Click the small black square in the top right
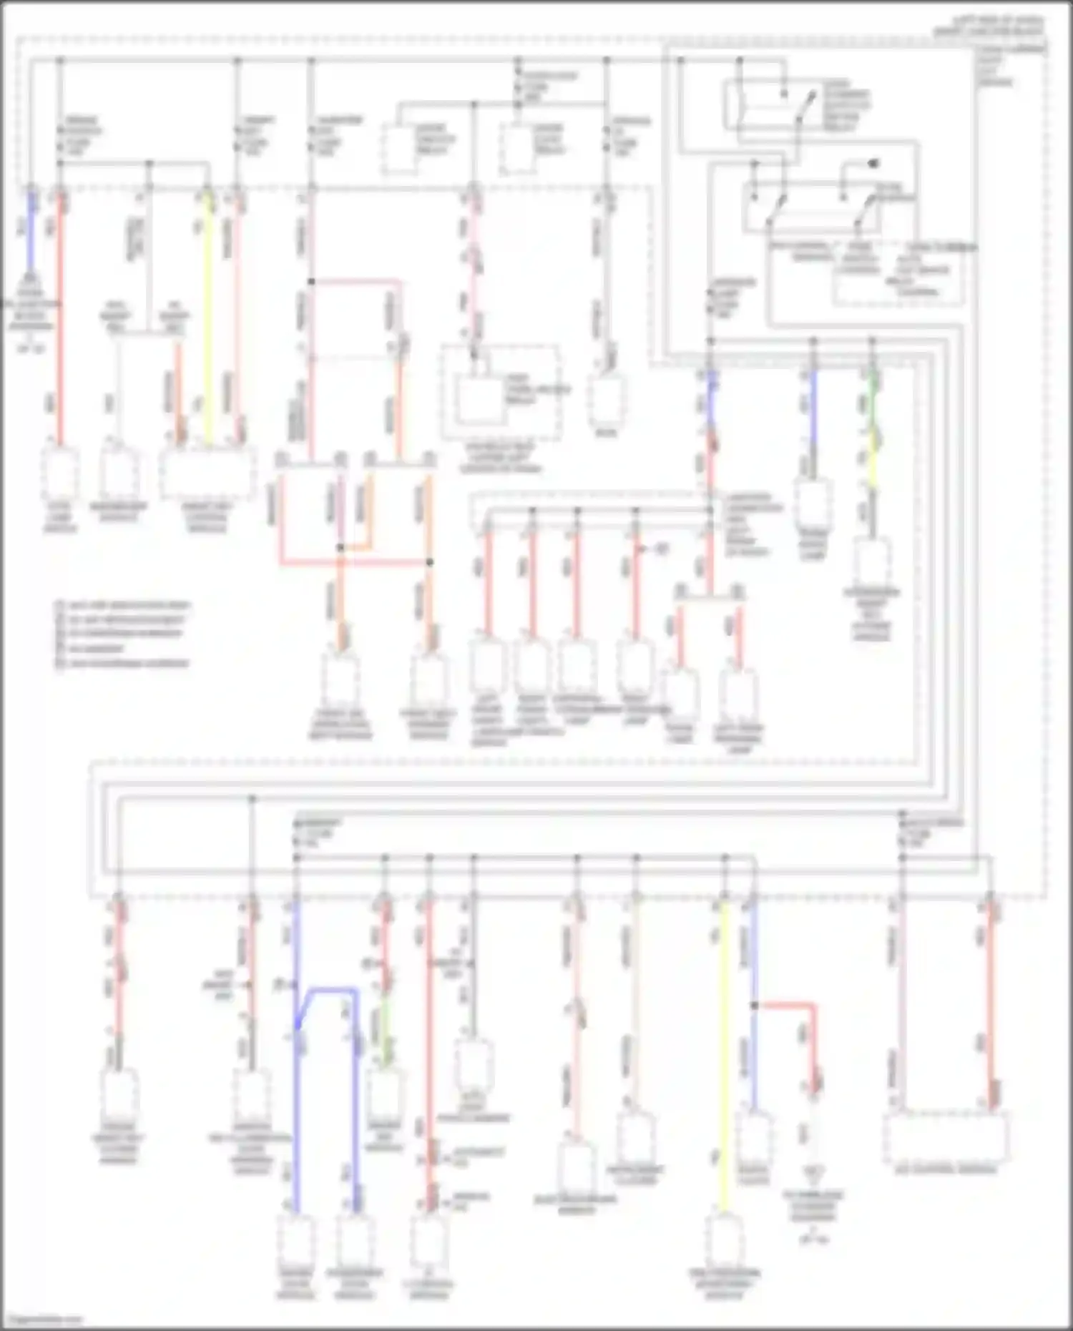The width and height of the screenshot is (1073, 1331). [873, 164]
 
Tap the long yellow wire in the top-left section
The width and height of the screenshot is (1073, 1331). [208, 315]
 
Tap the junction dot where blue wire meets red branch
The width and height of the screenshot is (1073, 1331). [754, 1005]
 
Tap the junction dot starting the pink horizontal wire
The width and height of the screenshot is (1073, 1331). [311, 281]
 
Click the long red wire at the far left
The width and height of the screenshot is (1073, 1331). [60, 322]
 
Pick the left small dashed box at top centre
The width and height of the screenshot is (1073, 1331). [400, 148]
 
